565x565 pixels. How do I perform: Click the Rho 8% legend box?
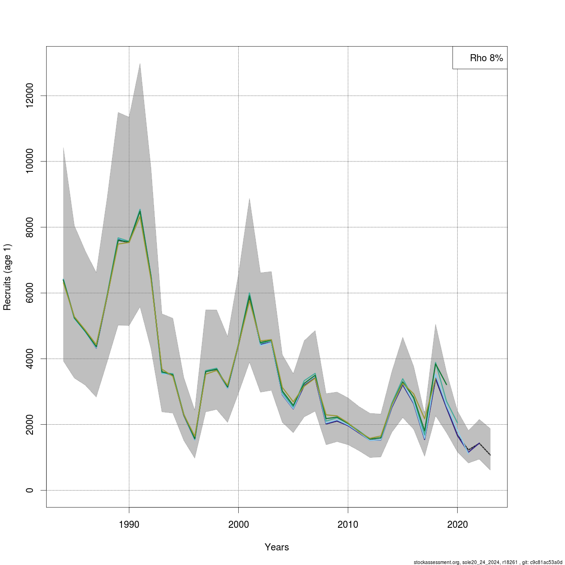tap(480, 58)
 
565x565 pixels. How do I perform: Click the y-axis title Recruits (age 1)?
tap(7, 277)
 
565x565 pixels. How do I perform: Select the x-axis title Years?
tap(277, 547)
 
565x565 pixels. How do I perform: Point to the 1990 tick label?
tap(129, 525)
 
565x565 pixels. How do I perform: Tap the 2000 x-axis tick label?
tap(238, 525)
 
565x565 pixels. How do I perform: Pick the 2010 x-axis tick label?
tap(347, 525)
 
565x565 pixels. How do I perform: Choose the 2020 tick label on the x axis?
tap(457, 525)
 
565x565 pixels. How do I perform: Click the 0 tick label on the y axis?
tap(30, 490)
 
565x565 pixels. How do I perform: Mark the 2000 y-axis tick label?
tap(30, 424)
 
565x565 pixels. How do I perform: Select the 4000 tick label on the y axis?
tap(30, 359)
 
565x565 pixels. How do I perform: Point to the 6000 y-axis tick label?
tap(30, 293)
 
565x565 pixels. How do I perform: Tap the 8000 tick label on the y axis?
tap(30, 227)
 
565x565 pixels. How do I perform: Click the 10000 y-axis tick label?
tap(30, 161)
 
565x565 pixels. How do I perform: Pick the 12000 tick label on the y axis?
tap(30, 96)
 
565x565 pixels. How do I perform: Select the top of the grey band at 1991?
tap(140, 63)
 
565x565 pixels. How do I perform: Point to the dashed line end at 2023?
tap(490, 455)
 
